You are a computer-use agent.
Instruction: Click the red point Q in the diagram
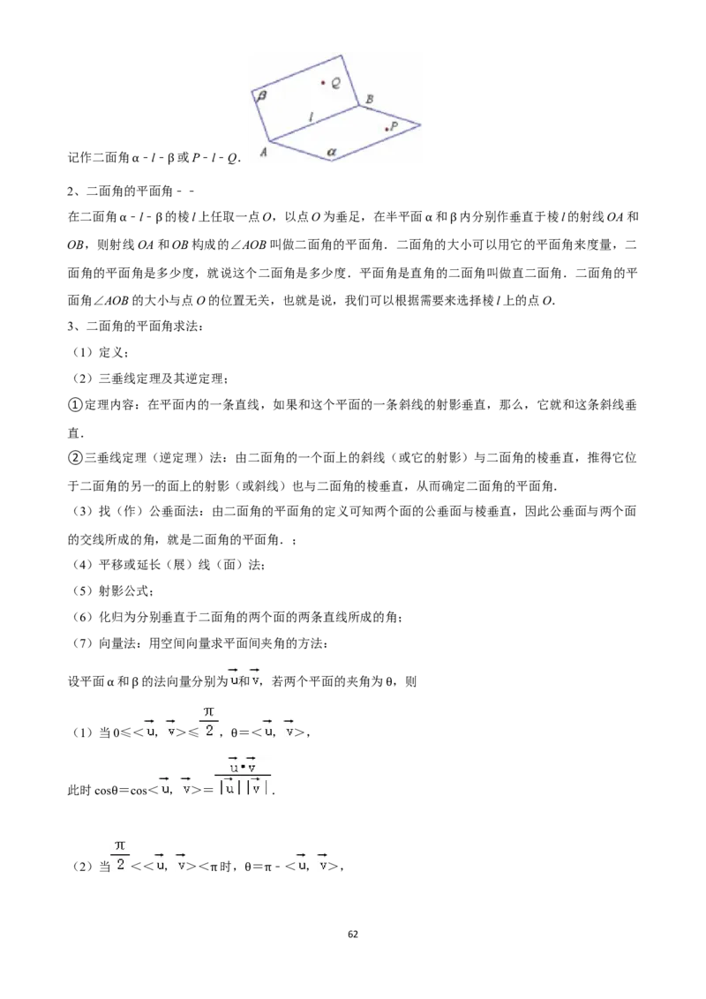tap(323, 82)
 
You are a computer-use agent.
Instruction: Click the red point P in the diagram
tap(387, 130)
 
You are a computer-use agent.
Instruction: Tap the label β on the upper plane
tap(261, 95)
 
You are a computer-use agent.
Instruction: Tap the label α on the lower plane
tap(331, 152)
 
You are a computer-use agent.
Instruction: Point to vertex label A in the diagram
tap(263, 153)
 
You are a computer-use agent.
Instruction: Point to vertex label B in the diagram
tap(369, 99)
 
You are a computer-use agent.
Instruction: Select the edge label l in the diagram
tap(311, 117)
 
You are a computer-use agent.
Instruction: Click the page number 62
tap(353, 934)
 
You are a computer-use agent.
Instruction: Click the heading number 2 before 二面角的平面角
tap(71, 192)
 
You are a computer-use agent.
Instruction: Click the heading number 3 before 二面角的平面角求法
tap(71, 327)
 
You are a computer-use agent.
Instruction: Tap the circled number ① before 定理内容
tap(75, 404)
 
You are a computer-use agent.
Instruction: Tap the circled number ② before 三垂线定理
tap(75, 457)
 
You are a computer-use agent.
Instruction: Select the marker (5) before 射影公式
tap(83, 590)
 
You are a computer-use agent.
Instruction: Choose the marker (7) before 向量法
tap(83, 642)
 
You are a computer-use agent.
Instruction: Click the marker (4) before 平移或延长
tap(83, 565)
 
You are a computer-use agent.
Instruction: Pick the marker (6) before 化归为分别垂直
tap(83, 617)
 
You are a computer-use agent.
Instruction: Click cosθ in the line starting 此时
tap(107, 791)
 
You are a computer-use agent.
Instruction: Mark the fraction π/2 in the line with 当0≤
tap(209, 721)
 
